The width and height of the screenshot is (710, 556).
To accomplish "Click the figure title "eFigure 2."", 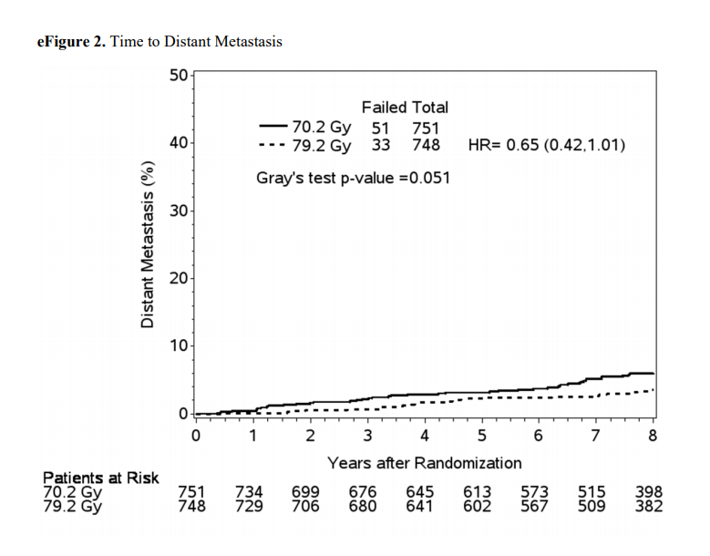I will pyautogui.click(x=70, y=42).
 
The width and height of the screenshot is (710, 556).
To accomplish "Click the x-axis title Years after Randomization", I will pyautogui.click(x=425, y=462).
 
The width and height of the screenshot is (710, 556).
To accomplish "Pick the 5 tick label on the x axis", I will pyautogui.click(x=481, y=434).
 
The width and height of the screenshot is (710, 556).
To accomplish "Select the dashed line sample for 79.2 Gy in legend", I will pyautogui.click(x=273, y=145).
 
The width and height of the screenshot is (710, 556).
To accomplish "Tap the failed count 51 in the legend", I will pyautogui.click(x=382, y=128).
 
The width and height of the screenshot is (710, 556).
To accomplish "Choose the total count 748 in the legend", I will pyautogui.click(x=426, y=145).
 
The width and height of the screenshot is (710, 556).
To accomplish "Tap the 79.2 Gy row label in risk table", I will pyautogui.click(x=72, y=507).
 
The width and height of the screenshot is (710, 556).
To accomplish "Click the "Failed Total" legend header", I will pyautogui.click(x=405, y=108).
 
